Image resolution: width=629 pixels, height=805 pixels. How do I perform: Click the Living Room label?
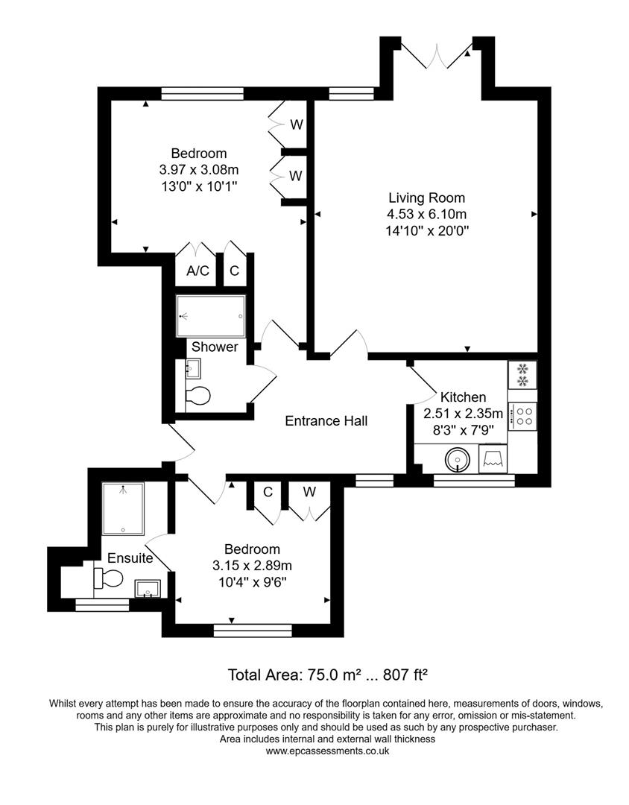pos(426,198)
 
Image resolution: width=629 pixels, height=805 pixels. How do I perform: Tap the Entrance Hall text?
pos(326,421)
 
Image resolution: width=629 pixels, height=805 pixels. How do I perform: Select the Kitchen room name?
pos(463,397)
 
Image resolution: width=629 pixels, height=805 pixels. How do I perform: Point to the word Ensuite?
pos(130,558)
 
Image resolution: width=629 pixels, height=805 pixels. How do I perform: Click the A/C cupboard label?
pos(197,271)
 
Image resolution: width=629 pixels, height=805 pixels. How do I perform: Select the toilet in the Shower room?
pos(197,395)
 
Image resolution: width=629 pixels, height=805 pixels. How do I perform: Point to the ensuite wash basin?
pos(148,590)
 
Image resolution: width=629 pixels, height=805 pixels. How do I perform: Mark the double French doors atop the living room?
pos(436,54)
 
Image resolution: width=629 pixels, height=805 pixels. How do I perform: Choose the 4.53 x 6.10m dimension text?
pos(426,214)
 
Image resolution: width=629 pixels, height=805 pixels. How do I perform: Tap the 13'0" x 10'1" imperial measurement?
pos(197,186)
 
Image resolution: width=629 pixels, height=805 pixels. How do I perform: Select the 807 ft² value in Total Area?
pos(404,675)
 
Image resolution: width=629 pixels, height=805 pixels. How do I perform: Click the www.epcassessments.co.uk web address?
pos(327,751)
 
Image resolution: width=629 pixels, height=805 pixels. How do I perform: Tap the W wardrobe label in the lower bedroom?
pos(309,493)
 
